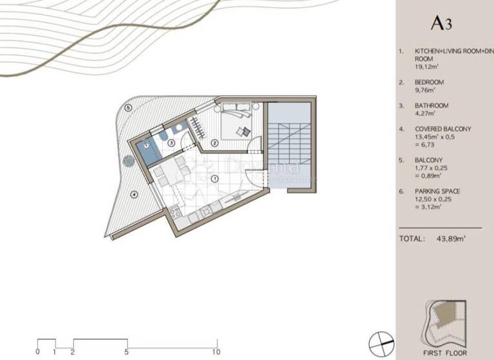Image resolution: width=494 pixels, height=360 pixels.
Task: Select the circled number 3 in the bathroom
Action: [x=171, y=143]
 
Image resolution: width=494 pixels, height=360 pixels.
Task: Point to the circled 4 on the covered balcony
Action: [x=134, y=194]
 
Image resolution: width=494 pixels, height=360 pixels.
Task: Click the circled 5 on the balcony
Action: [x=129, y=108]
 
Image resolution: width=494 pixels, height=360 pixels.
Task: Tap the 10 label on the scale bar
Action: [x=216, y=352]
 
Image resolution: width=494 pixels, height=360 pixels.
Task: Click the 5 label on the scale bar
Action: [x=127, y=352]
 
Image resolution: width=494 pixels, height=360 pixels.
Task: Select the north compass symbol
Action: [x=380, y=340]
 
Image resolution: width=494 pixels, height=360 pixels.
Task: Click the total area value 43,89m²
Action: [x=450, y=239]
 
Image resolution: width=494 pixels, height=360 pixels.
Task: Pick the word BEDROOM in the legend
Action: [x=430, y=82]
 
